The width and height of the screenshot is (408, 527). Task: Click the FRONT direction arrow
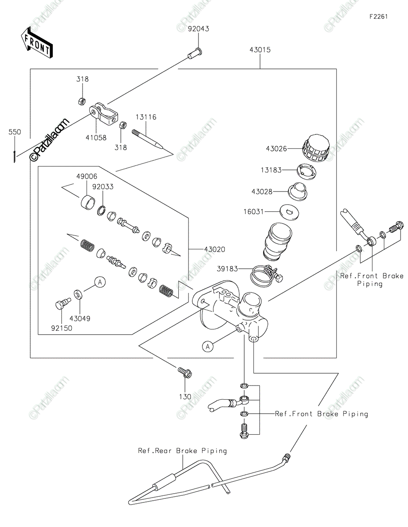36,43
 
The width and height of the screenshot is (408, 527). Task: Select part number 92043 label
199,29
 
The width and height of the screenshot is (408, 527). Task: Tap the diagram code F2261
378,17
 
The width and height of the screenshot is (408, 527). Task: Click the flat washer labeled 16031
289,212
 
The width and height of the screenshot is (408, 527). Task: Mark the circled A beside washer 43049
100,282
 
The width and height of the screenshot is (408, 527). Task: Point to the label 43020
215,249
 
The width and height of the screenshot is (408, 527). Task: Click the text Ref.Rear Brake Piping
182,451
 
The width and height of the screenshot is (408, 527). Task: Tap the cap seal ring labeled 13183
302,170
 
